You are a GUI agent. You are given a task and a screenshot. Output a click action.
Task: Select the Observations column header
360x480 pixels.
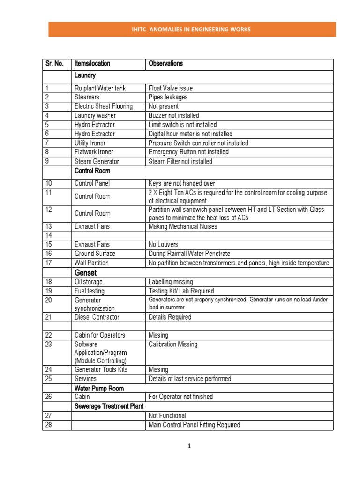coord(165,63)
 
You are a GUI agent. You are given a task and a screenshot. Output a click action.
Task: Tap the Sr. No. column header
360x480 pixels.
coord(55,63)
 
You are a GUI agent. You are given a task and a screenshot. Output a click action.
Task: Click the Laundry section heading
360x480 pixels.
coord(85,75)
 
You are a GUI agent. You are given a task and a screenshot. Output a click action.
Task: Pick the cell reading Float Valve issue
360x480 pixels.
coord(171,88)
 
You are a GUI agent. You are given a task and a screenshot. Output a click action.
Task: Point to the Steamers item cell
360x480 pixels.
coord(87,97)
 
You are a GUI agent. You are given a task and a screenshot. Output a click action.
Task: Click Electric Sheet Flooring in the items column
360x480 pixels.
coord(104,106)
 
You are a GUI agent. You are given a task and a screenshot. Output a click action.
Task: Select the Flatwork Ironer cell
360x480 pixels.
coord(94,152)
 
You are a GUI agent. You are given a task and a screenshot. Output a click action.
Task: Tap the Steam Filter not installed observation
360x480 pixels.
coord(180,161)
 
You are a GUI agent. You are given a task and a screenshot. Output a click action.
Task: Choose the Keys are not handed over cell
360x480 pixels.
coord(182,183)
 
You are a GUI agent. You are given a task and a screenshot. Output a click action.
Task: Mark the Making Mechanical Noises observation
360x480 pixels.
coord(183,226)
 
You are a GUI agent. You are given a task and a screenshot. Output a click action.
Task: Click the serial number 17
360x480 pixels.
coord(49,262)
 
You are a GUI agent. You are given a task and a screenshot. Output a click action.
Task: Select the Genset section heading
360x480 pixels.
coord(86,272)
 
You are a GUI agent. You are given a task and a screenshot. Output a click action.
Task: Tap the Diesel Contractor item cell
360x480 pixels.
coord(97,317)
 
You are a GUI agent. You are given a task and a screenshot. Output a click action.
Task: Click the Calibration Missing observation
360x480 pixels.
coord(173,344)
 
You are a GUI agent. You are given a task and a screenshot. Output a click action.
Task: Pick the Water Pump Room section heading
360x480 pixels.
coord(99,388)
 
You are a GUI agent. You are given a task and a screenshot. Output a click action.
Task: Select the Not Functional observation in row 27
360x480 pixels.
coord(167,415)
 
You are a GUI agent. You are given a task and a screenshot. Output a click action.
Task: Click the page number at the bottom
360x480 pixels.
coord(189,446)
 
